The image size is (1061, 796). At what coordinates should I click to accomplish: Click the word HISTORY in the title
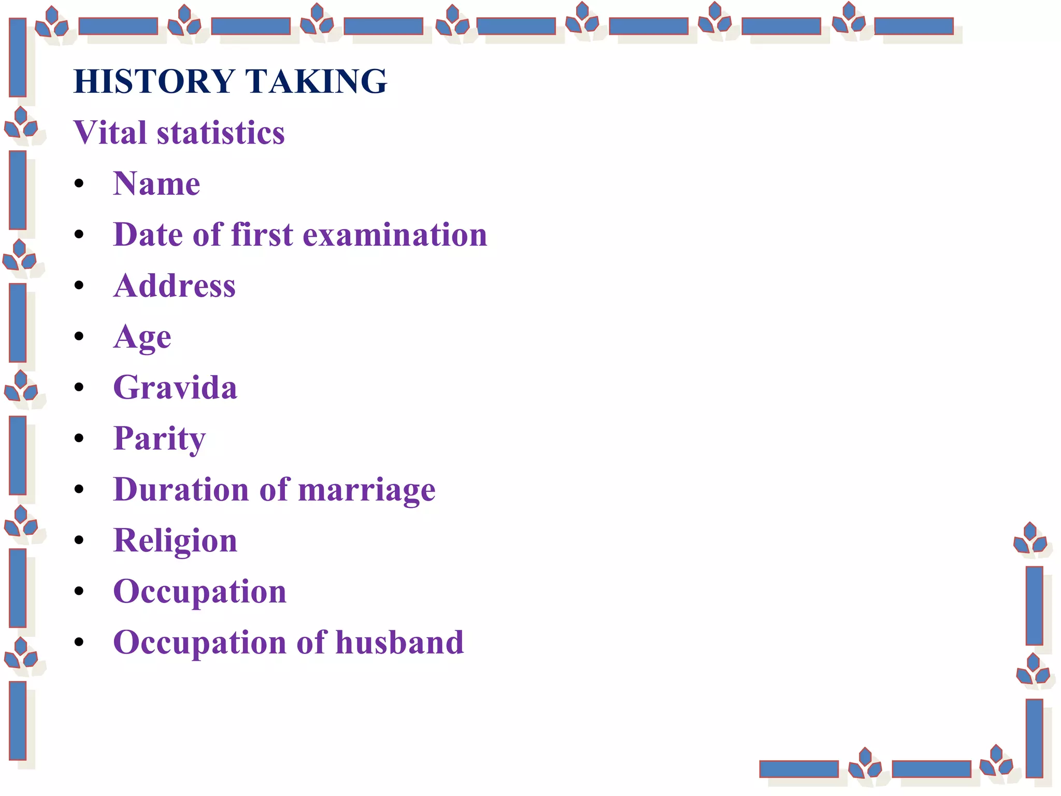point(154,81)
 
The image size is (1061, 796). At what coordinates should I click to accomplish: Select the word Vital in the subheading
point(110,132)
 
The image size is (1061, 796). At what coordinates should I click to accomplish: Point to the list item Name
point(156,183)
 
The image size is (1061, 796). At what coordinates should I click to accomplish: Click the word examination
point(395,234)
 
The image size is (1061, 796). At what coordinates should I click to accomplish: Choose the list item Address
point(175,286)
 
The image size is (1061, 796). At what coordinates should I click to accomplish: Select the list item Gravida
point(175,387)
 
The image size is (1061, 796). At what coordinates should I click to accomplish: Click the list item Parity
point(159,439)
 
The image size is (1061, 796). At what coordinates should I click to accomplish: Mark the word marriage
point(367,490)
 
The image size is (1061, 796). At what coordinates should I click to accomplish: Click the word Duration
point(181,490)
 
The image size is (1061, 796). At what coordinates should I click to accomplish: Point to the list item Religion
point(175,541)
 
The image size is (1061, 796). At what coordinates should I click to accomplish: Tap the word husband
point(399,643)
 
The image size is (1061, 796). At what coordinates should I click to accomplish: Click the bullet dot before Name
point(79,183)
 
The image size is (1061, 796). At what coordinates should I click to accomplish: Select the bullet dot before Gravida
point(79,387)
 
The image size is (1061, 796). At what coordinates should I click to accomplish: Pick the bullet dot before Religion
point(79,541)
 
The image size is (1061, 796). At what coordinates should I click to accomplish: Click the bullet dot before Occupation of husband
point(79,643)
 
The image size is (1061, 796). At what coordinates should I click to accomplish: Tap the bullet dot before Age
point(79,336)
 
